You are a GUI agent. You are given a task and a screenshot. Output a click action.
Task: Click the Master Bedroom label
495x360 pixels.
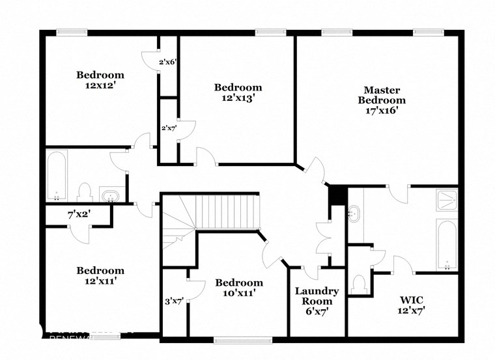384,95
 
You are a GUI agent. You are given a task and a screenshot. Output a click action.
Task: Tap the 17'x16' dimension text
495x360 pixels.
384,111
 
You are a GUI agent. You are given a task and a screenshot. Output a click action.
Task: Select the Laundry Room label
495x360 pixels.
317,296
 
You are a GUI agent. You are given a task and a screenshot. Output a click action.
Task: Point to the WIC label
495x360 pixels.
412,299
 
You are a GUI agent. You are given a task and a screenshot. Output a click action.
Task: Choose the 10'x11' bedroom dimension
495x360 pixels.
239,293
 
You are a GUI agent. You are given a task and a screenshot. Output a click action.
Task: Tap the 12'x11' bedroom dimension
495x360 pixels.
100,281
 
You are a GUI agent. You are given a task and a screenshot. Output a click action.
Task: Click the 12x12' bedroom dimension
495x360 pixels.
100,85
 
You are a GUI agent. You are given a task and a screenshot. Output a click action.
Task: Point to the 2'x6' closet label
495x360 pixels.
168,62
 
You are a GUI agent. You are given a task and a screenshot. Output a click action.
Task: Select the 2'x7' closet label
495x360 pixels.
169,128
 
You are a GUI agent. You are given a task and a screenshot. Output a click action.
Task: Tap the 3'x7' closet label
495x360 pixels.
174,301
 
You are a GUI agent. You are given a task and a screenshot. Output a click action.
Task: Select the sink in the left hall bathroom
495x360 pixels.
109,195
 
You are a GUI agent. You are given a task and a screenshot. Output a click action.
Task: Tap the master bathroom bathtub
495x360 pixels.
446,244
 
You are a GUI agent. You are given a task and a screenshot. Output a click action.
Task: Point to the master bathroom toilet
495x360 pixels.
358,284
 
